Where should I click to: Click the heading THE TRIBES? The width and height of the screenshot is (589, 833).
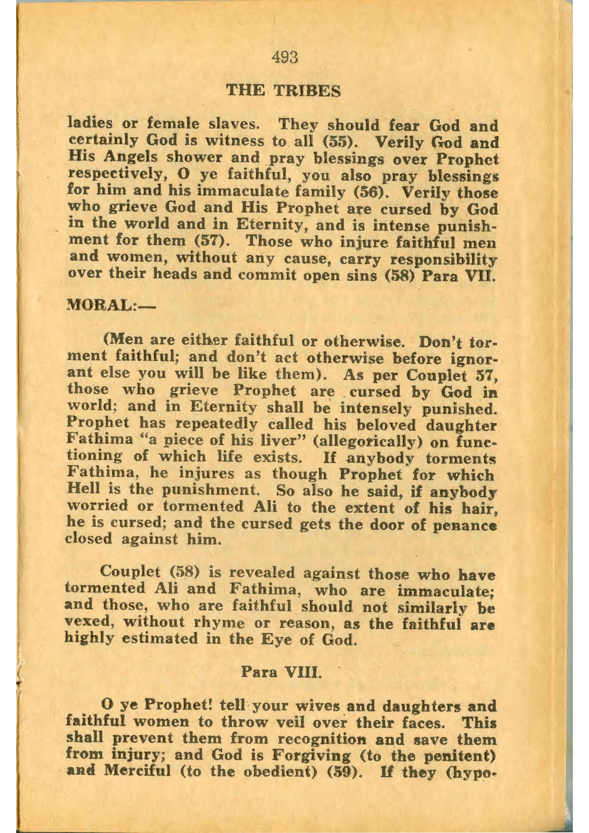(284, 91)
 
